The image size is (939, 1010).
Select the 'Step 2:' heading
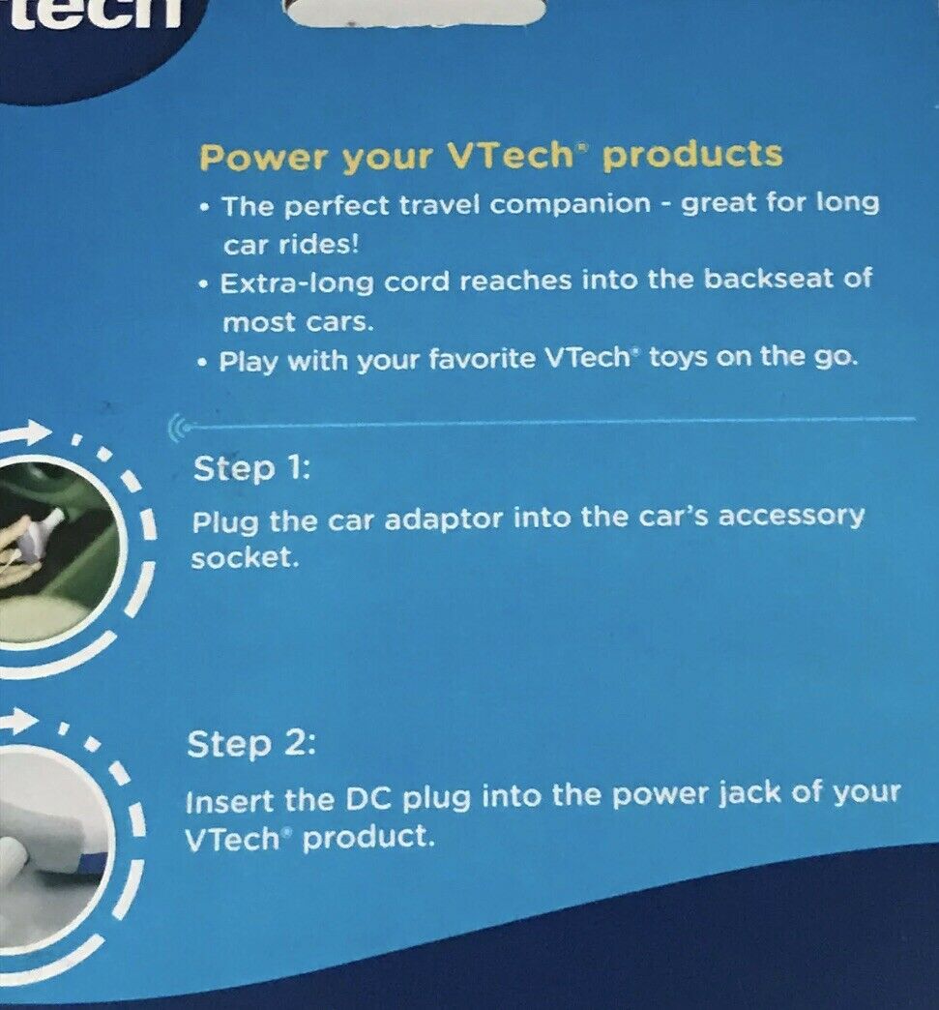[250, 746]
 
